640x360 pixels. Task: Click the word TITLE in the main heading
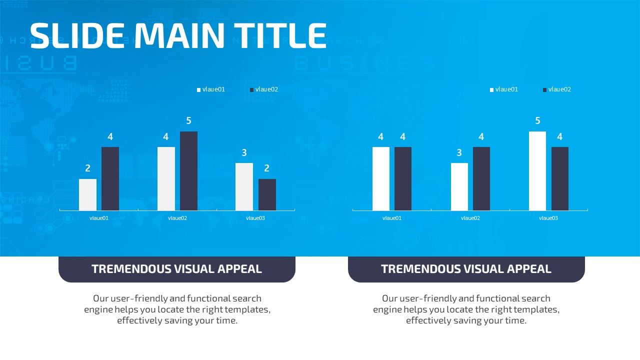pyautogui.click(x=280, y=35)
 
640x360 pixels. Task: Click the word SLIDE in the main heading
pyautogui.click(x=77, y=35)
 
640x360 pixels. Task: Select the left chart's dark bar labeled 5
pyautogui.click(x=188, y=171)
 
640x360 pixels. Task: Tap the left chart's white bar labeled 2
pyautogui.click(x=87, y=194)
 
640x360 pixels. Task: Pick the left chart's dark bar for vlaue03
pyautogui.click(x=267, y=194)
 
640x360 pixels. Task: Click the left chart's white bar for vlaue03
pyautogui.click(x=244, y=186)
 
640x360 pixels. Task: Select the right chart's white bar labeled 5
pyautogui.click(x=537, y=171)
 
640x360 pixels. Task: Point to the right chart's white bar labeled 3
pyautogui.click(x=459, y=186)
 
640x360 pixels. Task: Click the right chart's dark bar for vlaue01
pyautogui.click(x=403, y=178)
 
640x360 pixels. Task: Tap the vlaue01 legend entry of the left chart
pyautogui.click(x=211, y=89)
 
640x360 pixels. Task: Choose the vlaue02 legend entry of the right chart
pyautogui.click(x=557, y=89)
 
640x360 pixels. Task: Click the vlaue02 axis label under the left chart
pyautogui.click(x=177, y=218)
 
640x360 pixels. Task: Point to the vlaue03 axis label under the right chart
pyautogui.click(x=548, y=218)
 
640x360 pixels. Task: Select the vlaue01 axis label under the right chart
pyautogui.click(x=392, y=218)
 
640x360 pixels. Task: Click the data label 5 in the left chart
pyautogui.click(x=188, y=120)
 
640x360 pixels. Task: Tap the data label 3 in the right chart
pyautogui.click(x=459, y=152)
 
